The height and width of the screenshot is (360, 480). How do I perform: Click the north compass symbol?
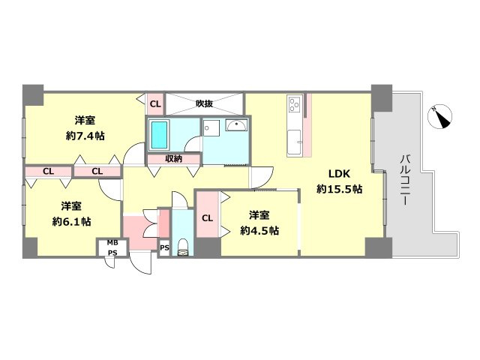pos(440,117)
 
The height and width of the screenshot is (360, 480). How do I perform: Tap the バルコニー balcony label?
pos(405,180)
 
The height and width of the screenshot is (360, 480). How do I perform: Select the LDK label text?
pos(339,174)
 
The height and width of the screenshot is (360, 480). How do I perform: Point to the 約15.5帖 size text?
pos(340,189)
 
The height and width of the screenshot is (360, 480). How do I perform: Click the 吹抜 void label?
pos(204,103)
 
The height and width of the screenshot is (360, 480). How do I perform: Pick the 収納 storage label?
pos(173,158)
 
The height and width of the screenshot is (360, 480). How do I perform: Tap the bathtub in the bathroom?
pos(159,135)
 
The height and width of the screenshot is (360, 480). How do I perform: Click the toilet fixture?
pos(183,247)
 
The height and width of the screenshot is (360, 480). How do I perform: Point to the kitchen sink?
pos(295,142)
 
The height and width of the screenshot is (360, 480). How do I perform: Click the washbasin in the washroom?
pos(236,125)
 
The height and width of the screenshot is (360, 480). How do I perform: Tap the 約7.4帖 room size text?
pos(85,136)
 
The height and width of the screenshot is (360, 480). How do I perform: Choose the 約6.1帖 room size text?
pos(71,221)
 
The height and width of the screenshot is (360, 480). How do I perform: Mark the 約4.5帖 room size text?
pos(259,230)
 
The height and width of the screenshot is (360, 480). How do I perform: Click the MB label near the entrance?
pos(112,243)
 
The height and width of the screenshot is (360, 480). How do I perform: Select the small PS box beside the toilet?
pos(164,247)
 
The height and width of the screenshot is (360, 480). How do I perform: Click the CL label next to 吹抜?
pos(155,104)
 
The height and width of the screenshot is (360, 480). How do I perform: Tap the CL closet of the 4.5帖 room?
pos(207,218)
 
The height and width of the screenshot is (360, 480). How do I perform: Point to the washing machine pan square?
pos(211,127)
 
